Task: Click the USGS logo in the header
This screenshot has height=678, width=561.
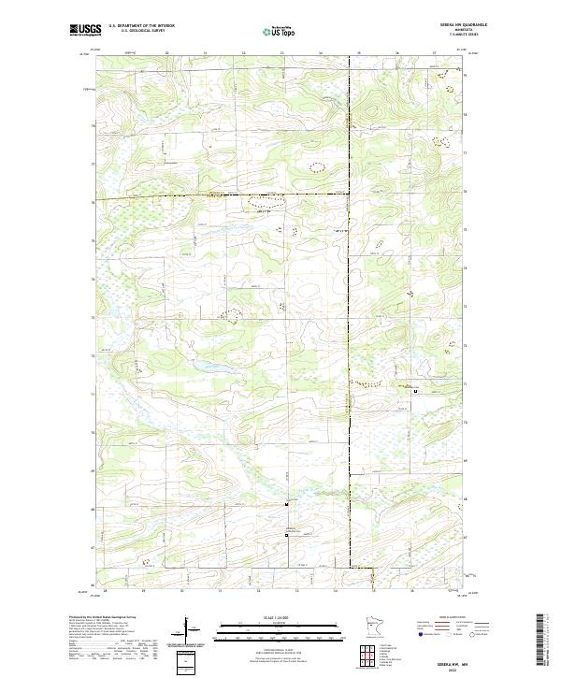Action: [85, 30]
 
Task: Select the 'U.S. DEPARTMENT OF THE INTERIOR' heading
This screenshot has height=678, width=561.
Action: [141, 25]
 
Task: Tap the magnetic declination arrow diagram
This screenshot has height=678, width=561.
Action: [196, 634]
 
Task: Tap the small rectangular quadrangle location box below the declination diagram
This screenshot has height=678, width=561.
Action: [184, 661]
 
